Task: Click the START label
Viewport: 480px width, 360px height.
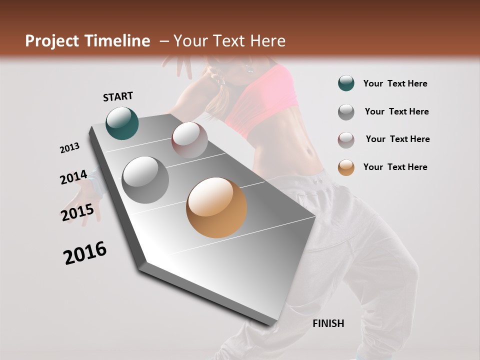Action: coord(118,96)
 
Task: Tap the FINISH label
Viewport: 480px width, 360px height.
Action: coord(328,323)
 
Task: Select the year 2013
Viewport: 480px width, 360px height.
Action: coord(69,148)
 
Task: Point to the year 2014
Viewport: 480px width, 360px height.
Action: coord(73,177)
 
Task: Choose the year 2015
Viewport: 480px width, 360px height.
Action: coord(77,212)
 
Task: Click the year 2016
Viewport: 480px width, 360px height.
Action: coord(85,253)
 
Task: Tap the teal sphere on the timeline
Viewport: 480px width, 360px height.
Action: coord(122,123)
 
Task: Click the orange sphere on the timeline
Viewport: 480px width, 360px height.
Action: coord(216,207)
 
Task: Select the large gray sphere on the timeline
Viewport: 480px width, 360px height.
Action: coord(145,180)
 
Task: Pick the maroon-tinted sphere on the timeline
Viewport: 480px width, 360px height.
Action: coord(189,140)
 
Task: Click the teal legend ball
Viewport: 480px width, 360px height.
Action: coord(346,83)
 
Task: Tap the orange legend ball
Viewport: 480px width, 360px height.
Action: coord(346,167)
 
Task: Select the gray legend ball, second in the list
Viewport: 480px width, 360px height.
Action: coord(346,112)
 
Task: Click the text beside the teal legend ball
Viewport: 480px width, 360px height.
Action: coord(395,83)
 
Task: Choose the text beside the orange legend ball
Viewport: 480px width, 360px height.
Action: coord(395,167)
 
